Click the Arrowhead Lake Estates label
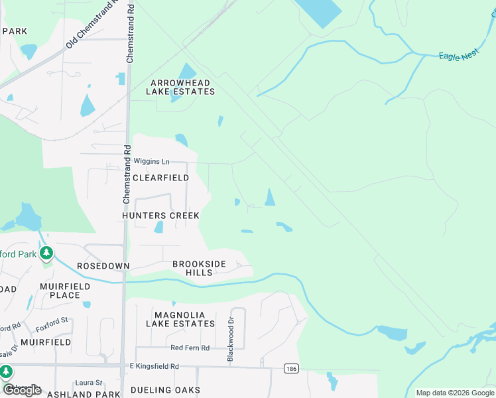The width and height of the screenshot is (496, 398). tap(182, 87)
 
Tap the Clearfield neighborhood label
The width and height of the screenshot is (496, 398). tap(160, 178)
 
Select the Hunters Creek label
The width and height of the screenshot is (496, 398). tap(160, 216)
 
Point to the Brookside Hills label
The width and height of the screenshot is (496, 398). tap(199, 268)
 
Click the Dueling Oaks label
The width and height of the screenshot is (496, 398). tap(166, 390)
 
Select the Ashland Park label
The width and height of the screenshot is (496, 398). tap(66, 394)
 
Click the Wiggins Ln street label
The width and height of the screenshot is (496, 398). tap(152, 161)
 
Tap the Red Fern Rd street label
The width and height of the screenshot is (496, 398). tap(190, 348)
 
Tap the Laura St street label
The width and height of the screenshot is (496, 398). tap(88, 383)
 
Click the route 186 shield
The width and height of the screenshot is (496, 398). tap(290, 367)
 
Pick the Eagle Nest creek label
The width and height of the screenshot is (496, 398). tap(458, 56)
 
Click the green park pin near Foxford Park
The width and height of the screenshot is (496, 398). tap(46, 253)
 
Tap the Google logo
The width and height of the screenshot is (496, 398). tap(21, 390)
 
